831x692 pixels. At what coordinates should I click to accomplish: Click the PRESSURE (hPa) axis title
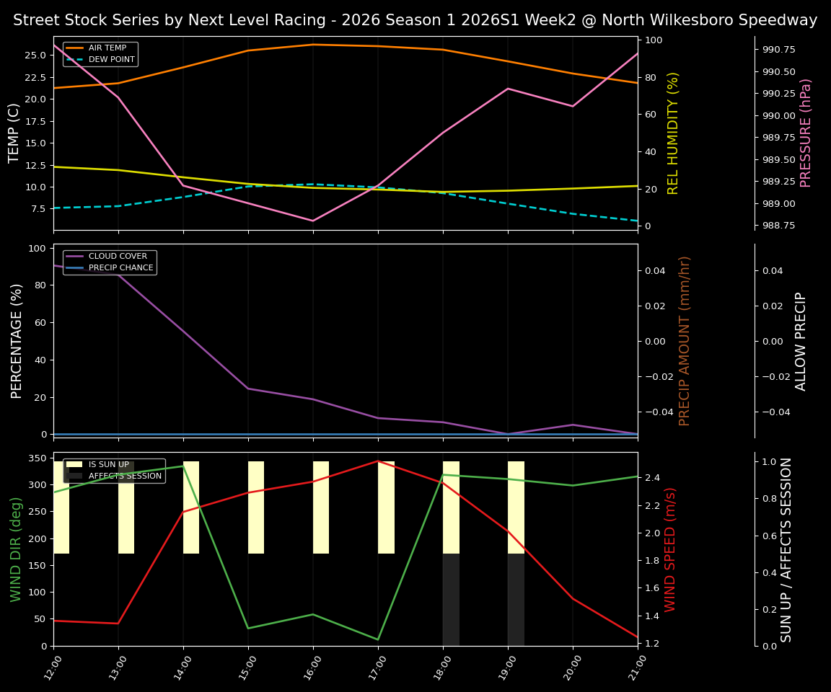click(x=806, y=133)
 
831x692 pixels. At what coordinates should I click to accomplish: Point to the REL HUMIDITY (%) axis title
click(x=673, y=133)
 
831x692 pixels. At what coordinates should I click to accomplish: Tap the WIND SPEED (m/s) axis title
click(x=670, y=549)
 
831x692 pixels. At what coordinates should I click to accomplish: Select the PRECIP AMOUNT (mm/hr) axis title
click(x=685, y=341)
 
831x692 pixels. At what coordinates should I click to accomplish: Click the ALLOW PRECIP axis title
click(x=801, y=341)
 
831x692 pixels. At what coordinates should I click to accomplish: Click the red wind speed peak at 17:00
click(x=378, y=461)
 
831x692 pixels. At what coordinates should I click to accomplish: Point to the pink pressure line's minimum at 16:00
click(x=313, y=221)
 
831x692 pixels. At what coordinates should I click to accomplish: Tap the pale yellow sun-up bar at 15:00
click(x=256, y=507)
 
